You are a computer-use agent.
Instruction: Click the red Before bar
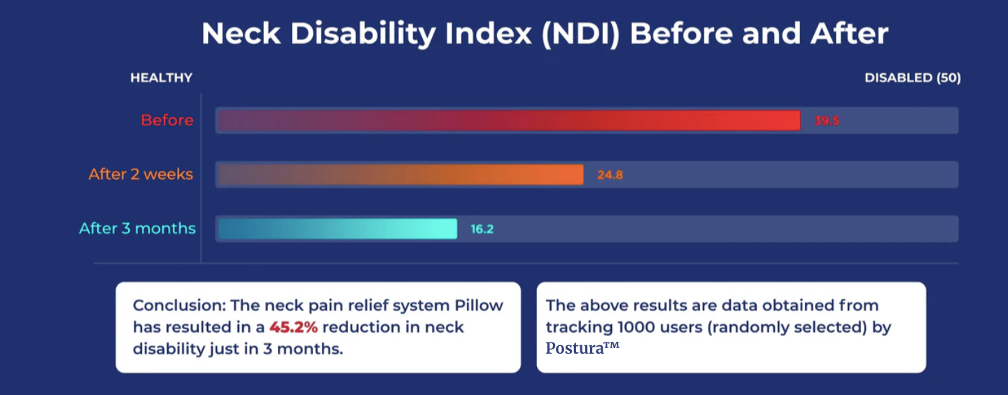509,120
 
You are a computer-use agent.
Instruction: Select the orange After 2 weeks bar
400,174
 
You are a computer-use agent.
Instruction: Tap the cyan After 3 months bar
337,228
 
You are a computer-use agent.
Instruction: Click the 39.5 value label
827,120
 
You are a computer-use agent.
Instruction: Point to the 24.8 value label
610,174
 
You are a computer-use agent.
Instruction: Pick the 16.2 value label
482,228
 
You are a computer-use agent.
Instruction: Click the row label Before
167,120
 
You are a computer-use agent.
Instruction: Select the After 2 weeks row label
141,174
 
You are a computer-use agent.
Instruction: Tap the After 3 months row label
137,228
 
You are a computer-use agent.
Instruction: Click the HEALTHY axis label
161,78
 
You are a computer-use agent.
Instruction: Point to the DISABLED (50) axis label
912,78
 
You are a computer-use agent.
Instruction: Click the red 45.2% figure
293,327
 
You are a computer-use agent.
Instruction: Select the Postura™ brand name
582,348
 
